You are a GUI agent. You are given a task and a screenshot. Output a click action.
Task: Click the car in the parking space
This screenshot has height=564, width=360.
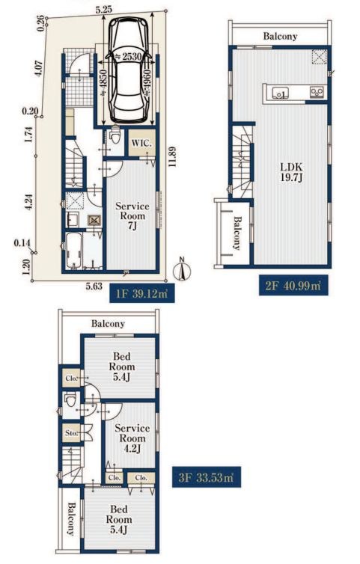[x=128, y=70]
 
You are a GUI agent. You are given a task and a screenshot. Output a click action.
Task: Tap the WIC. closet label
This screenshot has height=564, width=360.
[x=141, y=143]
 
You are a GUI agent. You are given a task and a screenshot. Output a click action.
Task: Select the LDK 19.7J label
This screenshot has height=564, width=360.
[x=291, y=172]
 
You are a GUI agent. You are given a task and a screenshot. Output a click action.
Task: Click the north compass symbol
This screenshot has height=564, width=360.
[x=182, y=270]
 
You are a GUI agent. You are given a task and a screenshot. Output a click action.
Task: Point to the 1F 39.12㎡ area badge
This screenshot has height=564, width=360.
[x=142, y=292]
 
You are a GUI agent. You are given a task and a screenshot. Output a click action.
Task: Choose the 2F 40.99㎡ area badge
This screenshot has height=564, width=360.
[x=293, y=286]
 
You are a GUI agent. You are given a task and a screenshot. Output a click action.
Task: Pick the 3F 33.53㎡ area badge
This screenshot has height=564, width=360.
[x=207, y=477]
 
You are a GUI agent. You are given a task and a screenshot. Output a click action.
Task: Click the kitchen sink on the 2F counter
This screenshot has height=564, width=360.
[x=279, y=94]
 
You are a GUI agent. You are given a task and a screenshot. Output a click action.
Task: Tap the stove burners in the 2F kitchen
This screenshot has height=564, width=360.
[x=317, y=93]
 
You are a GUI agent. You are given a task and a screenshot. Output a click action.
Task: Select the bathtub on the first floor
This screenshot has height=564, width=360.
[x=73, y=250]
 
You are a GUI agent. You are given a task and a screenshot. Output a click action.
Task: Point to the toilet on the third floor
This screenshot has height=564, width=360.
[x=70, y=400]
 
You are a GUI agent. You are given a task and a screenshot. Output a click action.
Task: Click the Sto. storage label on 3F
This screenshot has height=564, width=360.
[x=71, y=433]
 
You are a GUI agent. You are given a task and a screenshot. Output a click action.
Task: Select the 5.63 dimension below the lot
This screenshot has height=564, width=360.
[x=94, y=286]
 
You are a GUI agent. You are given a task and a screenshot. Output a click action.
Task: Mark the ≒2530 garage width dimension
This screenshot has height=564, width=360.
[x=127, y=56]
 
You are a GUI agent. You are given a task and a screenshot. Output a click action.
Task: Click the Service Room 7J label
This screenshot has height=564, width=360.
[x=132, y=216]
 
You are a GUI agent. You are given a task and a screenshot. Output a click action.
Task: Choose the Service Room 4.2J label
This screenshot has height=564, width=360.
[x=132, y=438]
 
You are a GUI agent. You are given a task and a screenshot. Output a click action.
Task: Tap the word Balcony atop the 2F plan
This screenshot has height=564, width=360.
[x=280, y=37]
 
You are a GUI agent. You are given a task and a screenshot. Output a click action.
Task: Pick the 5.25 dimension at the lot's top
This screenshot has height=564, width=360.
[x=104, y=10]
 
